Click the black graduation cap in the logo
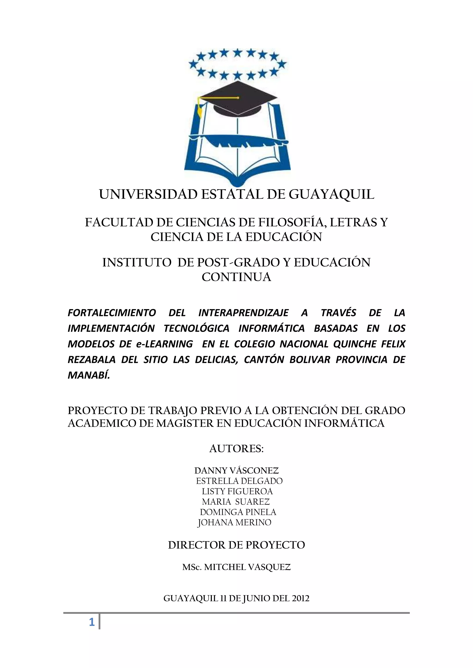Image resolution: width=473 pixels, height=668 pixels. point(238,99)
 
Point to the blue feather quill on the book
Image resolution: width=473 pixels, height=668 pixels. point(239,141)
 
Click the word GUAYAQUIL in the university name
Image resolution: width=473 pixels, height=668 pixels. point(331,194)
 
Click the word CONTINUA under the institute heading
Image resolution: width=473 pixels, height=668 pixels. point(236,277)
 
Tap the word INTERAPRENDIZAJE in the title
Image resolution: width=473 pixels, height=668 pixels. point(243,313)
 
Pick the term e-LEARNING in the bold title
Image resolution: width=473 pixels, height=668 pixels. point(164,344)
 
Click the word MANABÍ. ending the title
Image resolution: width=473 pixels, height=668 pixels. point(89,375)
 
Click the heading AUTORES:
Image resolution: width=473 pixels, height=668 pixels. point(236,449)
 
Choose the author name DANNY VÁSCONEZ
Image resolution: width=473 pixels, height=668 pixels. point(236,471)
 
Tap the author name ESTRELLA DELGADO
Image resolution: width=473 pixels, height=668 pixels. point(239,481)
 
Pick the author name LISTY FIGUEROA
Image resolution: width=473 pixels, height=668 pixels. point(237,491)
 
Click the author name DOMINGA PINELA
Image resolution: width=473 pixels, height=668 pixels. point(238,512)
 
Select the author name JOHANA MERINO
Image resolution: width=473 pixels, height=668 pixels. point(234,522)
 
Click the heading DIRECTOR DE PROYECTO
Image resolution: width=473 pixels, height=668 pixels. point(236,545)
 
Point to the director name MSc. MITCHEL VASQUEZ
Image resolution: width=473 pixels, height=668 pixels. point(236,567)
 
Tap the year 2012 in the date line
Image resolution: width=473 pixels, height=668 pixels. point(300,599)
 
